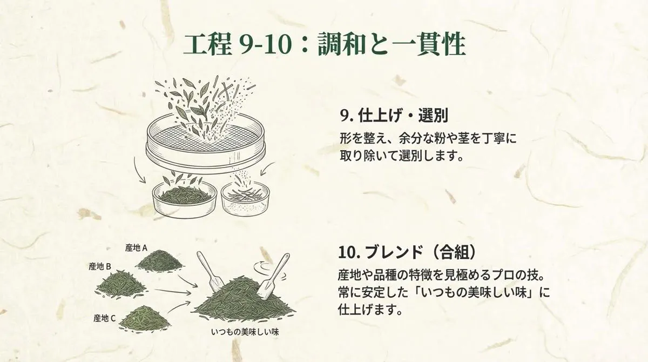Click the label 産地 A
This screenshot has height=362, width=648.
pyautogui.click(x=137, y=247)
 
